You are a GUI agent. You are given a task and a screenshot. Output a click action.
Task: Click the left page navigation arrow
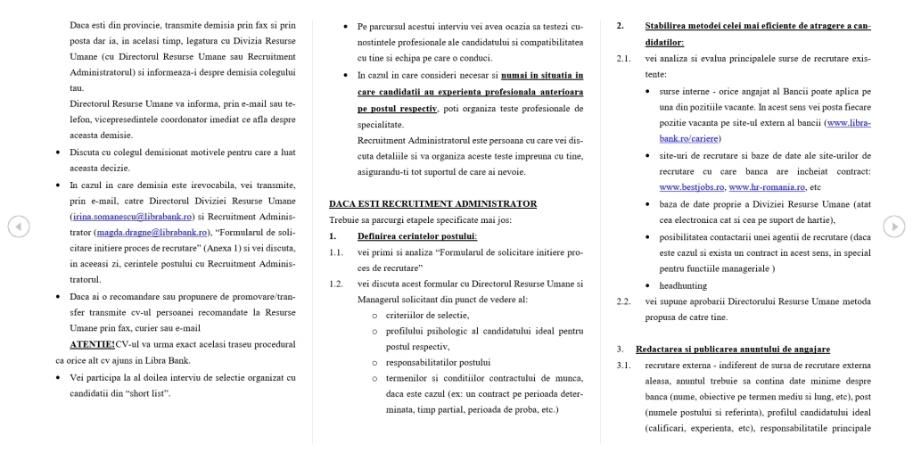(19, 226)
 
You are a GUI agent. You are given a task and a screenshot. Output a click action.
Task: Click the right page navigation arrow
(893, 226)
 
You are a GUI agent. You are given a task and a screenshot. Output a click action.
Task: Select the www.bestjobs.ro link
(692, 187)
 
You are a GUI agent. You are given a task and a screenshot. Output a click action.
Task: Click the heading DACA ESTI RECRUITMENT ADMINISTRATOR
(432, 203)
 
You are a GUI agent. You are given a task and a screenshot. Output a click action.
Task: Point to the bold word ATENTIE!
(93, 344)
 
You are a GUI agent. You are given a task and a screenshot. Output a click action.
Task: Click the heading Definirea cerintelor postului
(417, 235)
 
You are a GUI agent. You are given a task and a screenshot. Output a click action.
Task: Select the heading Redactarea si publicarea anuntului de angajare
(733, 349)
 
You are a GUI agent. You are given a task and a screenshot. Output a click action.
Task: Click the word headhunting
(683, 285)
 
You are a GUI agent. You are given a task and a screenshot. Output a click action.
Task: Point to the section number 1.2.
(336, 284)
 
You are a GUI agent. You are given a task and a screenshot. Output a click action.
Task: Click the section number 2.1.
(624, 58)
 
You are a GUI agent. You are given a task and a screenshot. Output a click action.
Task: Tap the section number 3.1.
(624, 365)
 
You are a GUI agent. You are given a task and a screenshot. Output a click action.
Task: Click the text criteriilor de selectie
(427, 315)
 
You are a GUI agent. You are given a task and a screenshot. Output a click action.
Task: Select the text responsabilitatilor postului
(438, 362)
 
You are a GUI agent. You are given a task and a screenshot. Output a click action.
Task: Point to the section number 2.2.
(624, 301)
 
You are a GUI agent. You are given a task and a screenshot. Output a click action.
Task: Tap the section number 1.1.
(336, 252)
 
